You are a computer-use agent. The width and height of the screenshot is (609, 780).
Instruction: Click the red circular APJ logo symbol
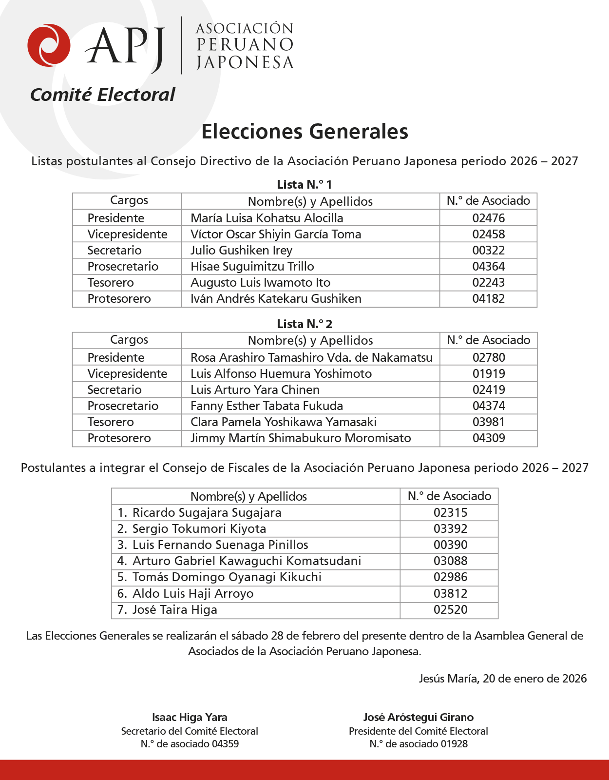pyautogui.click(x=49, y=45)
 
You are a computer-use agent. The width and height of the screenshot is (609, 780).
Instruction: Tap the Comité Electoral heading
pyautogui.click(x=102, y=95)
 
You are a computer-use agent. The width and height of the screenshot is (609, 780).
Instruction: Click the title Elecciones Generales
pyautogui.click(x=304, y=132)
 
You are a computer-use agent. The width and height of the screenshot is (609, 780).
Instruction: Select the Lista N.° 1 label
pyautogui.click(x=304, y=185)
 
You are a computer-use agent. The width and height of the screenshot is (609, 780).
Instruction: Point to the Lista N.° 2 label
pyautogui.click(x=304, y=324)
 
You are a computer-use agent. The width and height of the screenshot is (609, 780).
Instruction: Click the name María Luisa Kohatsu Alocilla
pyautogui.click(x=267, y=218)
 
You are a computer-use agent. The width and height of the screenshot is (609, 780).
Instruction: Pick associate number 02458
pyautogui.click(x=488, y=234)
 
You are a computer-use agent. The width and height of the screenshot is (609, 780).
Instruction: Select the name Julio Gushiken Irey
pyautogui.click(x=242, y=251)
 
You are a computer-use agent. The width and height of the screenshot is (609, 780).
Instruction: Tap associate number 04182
pyautogui.click(x=488, y=298)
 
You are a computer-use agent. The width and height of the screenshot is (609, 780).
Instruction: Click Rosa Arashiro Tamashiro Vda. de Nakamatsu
pyautogui.click(x=311, y=357)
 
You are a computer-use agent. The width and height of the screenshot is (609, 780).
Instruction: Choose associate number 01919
pyautogui.click(x=488, y=373)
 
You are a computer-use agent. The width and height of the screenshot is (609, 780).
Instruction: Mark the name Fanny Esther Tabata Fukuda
pyautogui.click(x=267, y=406)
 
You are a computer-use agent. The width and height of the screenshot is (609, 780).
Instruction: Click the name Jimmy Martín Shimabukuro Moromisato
pyautogui.click(x=301, y=438)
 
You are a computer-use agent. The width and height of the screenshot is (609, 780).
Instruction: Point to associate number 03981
pyautogui.click(x=488, y=422)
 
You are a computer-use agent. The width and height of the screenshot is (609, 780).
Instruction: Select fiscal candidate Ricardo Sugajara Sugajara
pyautogui.click(x=207, y=512)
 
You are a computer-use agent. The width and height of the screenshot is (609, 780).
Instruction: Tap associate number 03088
pyautogui.click(x=450, y=561)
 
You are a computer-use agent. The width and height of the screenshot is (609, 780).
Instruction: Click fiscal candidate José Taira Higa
pyautogui.click(x=174, y=609)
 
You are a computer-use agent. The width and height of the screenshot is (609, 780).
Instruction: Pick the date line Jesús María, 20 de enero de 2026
pyautogui.click(x=502, y=679)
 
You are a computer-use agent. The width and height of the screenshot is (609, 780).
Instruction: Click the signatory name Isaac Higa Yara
pyautogui.click(x=190, y=717)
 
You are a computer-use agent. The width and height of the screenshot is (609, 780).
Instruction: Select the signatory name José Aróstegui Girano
pyautogui.click(x=418, y=717)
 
